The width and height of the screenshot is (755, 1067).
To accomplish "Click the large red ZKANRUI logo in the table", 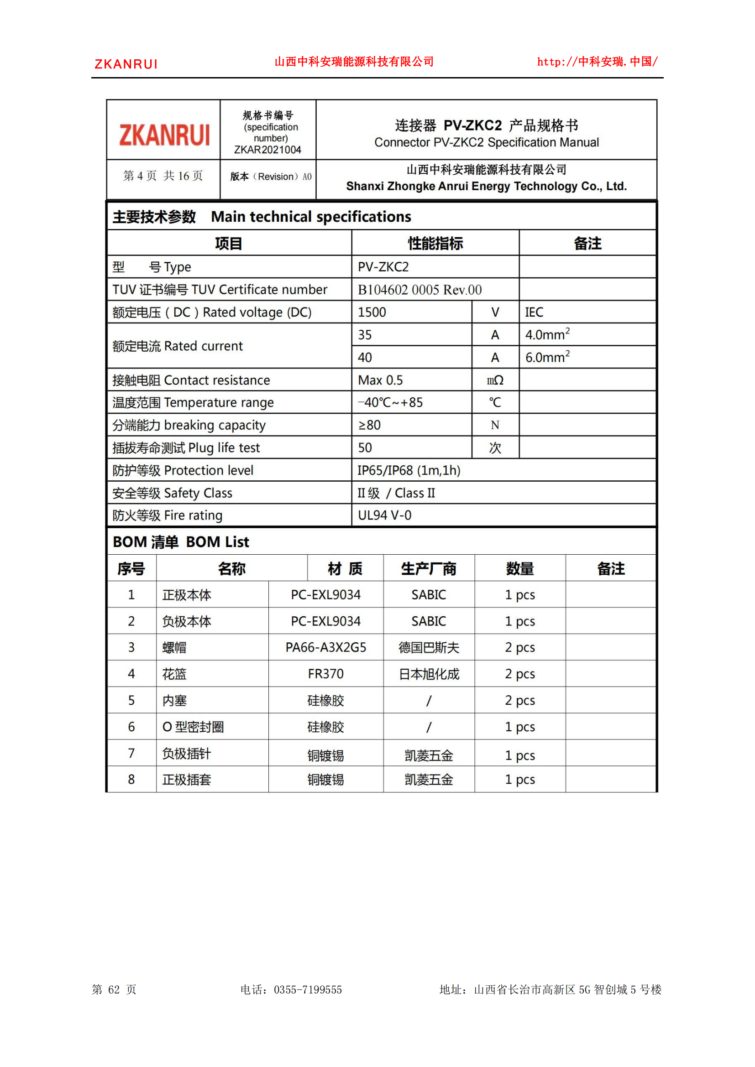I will (x=164, y=135).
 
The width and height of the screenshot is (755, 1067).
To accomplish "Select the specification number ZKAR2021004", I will (x=267, y=150).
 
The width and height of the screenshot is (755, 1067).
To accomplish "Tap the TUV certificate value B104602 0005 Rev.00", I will (x=419, y=290).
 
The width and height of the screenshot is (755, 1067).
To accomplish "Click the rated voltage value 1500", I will (x=372, y=312).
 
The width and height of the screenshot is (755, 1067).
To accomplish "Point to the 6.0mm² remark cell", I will (x=547, y=357).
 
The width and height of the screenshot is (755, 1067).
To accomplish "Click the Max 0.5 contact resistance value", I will (x=380, y=380).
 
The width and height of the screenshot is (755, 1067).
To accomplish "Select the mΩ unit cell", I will (x=495, y=380).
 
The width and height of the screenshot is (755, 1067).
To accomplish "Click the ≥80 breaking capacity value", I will (x=370, y=425).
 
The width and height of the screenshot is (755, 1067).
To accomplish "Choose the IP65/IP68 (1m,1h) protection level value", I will (x=409, y=470).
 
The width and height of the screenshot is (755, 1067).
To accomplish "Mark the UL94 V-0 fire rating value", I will (x=384, y=515).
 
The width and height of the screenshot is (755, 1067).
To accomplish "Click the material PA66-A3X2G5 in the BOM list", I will (x=325, y=647).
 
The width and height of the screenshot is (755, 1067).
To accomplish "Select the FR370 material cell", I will (x=325, y=674).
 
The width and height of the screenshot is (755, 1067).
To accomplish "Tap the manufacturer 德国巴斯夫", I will (x=429, y=647).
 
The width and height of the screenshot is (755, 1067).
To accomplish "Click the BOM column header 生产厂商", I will (x=429, y=568).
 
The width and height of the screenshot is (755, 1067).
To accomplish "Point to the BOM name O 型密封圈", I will (x=193, y=727).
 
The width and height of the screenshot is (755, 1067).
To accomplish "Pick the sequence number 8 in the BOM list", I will (x=131, y=779).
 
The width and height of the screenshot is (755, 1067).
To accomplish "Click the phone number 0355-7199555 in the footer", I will (x=308, y=989).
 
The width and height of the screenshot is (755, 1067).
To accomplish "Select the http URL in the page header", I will (x=598, y=62).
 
